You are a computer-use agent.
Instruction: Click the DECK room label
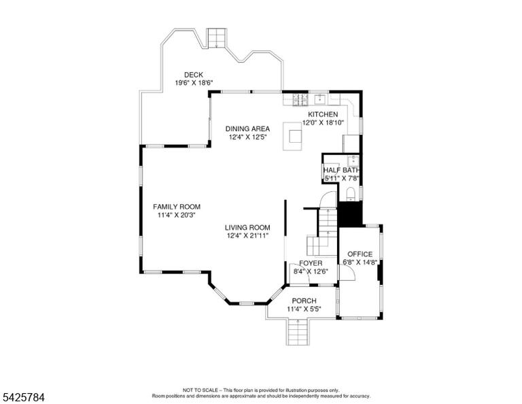pyautogui.click(x=194, y=75)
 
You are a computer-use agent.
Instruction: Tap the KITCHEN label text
pyautogui.click(x=323, y=114)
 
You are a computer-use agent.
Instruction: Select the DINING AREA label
pyautogui.click(x=247, y=129)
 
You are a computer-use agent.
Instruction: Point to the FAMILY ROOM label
pyautogui.click(x=177, y=207)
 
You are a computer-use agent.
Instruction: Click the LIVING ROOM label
pyautogui.click(x=247, y=228)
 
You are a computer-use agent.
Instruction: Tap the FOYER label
pyautogui.click(x=311, y=263)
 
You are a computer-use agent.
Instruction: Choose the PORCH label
pyautogui.click(x=304, y=301)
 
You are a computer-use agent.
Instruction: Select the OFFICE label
pyautogui.click(x=360, y=254)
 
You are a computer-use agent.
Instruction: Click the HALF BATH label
pyautogui.click(x=342, y=171)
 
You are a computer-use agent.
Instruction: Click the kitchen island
pyautogui.click(x=293, y=136)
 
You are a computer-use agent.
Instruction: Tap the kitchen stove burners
pyautogui.click(x=300, y=99)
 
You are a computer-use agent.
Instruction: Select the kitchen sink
pyautogui.click(x=320, y=99)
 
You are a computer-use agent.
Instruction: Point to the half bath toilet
pyautogui.click(x=350, y=194)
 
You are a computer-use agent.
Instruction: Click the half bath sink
pyautogui.click(x=353, y=161)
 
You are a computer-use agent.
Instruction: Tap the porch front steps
pyautogui.click(x=297, y=332)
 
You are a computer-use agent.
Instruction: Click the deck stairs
pyautogui.click(x=217, y=38)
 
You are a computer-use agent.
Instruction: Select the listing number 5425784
pyautogui.click(x=23, y=397)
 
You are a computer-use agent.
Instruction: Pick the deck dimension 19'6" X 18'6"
pyautogui.click(x=194, y=83)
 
